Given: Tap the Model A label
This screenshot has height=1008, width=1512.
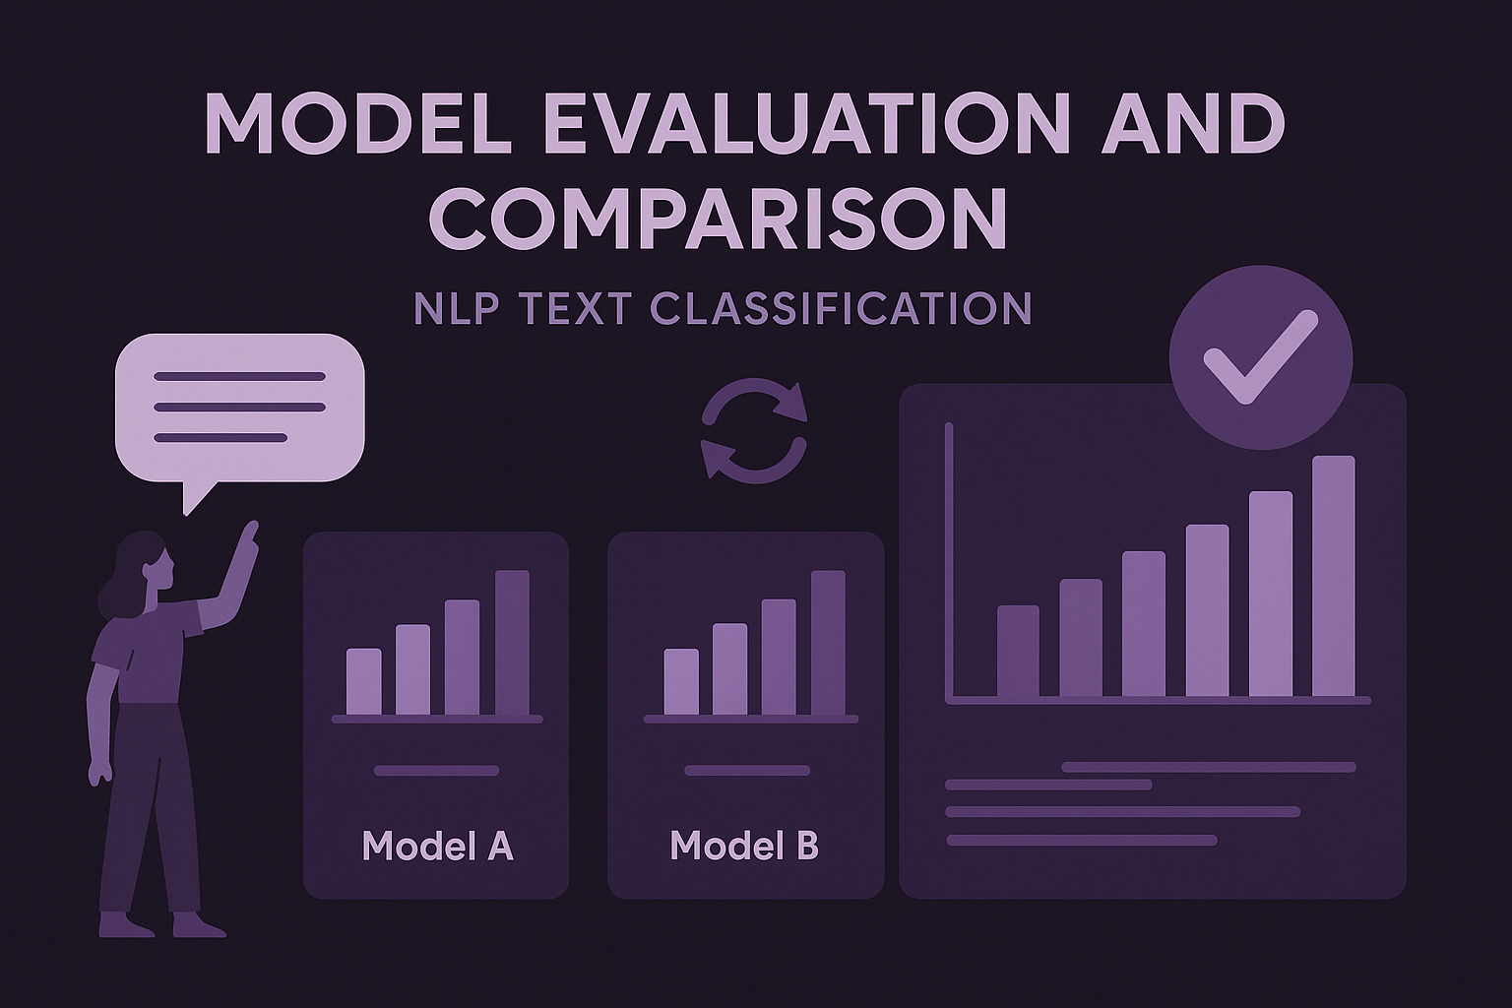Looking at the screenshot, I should (x=437, y=846).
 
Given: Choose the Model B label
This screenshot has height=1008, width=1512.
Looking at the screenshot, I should (x=743, y=846).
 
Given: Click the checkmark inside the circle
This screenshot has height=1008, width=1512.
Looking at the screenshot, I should (x=1259, y=357).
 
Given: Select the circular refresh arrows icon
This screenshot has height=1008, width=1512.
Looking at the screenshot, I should (x=753, y=432).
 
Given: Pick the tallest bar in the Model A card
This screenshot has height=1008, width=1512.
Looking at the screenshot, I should (x=512, y=642).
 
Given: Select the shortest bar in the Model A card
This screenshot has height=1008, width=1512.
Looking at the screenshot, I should (x=363, y=681).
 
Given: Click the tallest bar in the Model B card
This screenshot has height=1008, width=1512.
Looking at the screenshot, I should (x=828, y=642).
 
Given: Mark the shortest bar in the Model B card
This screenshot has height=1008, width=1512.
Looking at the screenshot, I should (x=681, y=681).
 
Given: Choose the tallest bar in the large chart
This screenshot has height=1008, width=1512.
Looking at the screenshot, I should (x=1333, y=576).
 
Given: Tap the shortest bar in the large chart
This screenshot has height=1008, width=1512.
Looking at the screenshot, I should (x=1018, y=651).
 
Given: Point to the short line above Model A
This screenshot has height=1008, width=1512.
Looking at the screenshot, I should (x=437, y=771).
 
